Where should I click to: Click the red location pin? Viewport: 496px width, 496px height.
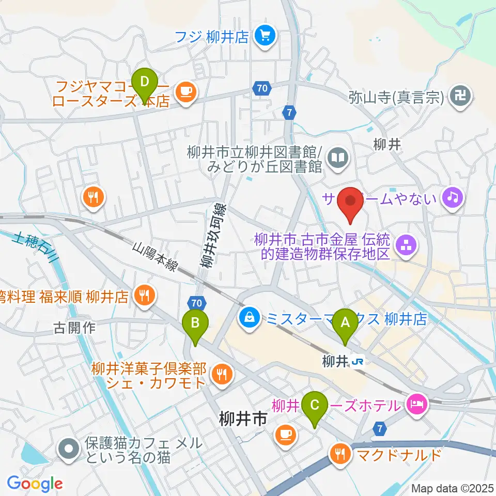tap(352, 203)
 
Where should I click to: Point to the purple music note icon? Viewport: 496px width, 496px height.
tap(453, 197)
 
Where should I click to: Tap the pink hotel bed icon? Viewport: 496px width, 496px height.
tap(416, 403)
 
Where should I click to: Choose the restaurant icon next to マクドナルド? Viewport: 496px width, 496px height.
tap(339, 455)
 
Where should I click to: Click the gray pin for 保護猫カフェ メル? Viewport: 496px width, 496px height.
tap(68, 450)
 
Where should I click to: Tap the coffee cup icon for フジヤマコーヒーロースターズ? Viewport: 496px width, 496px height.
tap(185, 92)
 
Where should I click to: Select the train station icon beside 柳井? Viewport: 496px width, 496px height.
tap(357, 362)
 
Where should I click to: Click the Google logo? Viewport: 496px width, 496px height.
tap(35, 484)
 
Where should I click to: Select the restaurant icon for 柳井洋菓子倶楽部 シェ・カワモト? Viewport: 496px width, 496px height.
tap(223, 374)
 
